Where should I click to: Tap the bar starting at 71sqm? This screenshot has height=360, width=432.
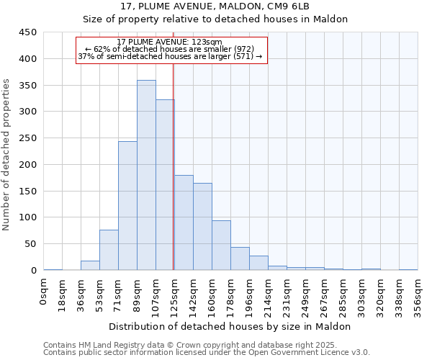tap(127, 206)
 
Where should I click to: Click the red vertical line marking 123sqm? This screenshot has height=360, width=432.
tap(174, 166)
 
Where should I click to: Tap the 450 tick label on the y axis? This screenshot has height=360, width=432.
tap(28, 32)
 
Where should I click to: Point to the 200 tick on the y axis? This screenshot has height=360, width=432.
tap(28, 165)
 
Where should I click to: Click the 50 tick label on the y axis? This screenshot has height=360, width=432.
tap(31, 244)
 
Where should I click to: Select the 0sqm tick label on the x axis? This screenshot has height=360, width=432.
tap(44, 292)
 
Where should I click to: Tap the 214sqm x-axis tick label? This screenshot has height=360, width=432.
tap(268, 295)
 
